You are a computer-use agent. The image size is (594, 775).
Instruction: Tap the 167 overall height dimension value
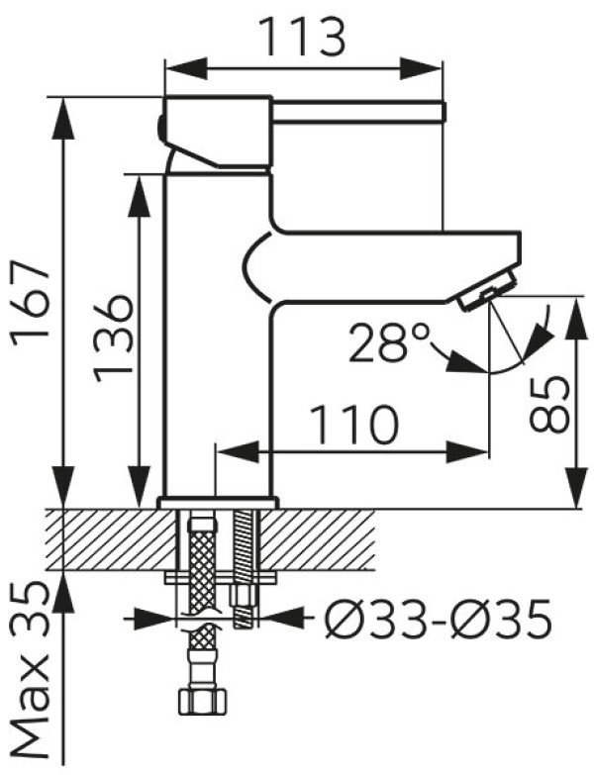pyautogui.click(x=31, y=298)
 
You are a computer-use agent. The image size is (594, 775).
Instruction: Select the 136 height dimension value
pyautogui.click(x=114, y=339)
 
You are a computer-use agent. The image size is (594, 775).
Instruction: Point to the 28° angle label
pyautogui.click(x=388, y=342)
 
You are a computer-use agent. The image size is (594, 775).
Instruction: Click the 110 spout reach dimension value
pyautogui.click(x=355, y=424)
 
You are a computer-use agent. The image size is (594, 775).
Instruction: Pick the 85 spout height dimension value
pyautogui.click(x=548, y=403)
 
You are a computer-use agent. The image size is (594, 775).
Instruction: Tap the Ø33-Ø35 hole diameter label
pyautogui.click(x=438, y=618)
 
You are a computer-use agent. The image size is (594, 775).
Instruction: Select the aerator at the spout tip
pyautogui.click(x=488, y=293)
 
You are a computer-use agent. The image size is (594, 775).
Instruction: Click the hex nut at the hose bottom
pyautogui.click(x=203, y=701)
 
